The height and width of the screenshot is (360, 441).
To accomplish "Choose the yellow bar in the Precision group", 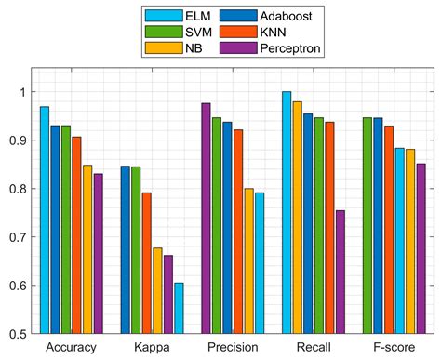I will pyautogui.click(x=248, y=260).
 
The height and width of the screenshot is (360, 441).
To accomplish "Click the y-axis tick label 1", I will pyautogui.click(x=23, y=91).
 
